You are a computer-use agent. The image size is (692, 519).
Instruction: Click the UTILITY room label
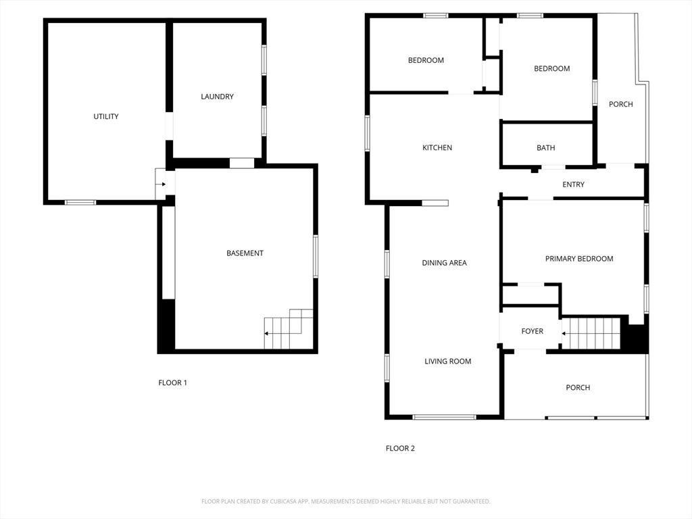point(106,116)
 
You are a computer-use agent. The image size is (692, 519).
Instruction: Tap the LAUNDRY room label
point(217,97)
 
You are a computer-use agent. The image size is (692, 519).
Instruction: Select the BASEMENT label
point(245,253)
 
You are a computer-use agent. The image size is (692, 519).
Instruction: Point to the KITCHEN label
point(437,148)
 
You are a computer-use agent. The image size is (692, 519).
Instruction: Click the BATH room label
point(546,148)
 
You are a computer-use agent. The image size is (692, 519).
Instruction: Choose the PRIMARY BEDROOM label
point(579,259)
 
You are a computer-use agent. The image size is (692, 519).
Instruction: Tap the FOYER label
point(533,331)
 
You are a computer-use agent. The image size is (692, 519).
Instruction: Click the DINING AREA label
point(445,263)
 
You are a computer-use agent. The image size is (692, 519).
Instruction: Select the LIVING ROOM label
point(448,362)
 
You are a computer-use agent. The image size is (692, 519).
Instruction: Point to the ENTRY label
point(573,184)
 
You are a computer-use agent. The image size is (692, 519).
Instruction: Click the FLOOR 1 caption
point(172,383)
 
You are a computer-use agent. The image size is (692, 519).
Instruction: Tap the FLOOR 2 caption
point(400,449)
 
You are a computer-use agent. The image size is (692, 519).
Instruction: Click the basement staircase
point(289,329)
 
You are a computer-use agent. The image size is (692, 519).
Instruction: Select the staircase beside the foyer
point(591,333)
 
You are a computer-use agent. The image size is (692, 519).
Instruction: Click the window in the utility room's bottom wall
point(80,203)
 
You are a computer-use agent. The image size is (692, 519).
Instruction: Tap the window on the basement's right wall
point(316,256)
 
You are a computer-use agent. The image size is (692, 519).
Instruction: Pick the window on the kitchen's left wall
point(367,133)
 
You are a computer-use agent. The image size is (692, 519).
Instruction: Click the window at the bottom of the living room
point(445,417)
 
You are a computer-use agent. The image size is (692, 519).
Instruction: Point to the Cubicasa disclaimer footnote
point(346,501)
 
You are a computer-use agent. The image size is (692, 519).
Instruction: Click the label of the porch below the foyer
point(578,388)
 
